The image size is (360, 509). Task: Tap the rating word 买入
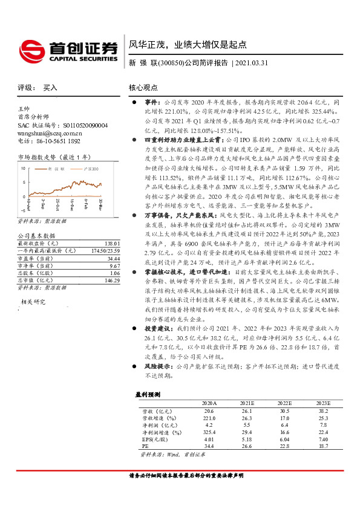click(x=50, y=88)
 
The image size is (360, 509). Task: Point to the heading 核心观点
click(x=144, y=87)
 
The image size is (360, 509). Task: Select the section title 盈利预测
click(x=147, y=394)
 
